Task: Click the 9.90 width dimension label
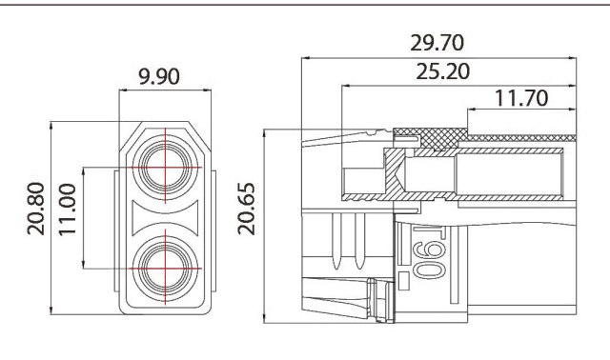coord(159,76)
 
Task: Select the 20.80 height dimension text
coord(36,209)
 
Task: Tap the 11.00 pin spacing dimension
coord(68,210)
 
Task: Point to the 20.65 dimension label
coord(246,209)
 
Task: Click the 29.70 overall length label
coord(437,43)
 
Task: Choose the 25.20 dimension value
coord(442,71)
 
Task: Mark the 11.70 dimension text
coord(521,98)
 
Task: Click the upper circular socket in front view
coord(165,168)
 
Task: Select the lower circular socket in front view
coord(165,269)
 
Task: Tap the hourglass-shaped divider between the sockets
coord(165,218)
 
